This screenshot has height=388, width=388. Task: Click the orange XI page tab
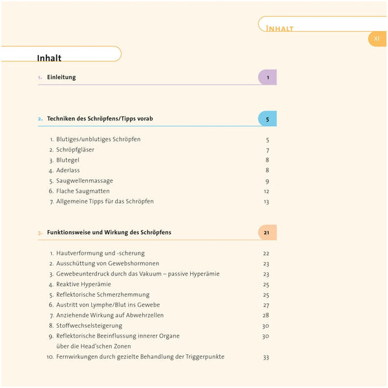pos(376,39)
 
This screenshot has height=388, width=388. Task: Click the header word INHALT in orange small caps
pos(280,28)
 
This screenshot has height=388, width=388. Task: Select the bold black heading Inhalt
pos(49,58)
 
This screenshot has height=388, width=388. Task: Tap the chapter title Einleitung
pos(61,78)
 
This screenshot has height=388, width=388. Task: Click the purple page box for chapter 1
pos(267,78)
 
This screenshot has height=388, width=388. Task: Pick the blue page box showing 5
pos(267,119)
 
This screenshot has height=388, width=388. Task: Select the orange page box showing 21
pos(266,232)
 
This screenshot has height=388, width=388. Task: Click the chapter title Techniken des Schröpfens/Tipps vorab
pos(100,119)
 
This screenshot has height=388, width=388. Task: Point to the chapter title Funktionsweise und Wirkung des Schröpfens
pos(109,232)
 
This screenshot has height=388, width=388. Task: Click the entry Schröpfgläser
pos(75,150)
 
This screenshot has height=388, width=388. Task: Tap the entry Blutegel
pos(69,160)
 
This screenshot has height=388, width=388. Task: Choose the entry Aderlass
pos(68,171)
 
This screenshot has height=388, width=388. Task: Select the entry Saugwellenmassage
pos(85,181)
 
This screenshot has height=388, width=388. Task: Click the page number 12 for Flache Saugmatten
pos(266,191)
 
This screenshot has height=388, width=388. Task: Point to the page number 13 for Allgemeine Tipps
pos(266,202)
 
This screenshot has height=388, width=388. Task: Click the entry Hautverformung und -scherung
pos(100,253)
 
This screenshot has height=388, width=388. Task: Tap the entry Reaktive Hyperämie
pos(83,285)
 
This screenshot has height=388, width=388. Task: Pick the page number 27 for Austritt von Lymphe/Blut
pos(266,305)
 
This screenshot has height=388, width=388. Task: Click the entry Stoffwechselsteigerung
pos(89,326)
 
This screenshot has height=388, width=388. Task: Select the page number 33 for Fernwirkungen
pos(266,357)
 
